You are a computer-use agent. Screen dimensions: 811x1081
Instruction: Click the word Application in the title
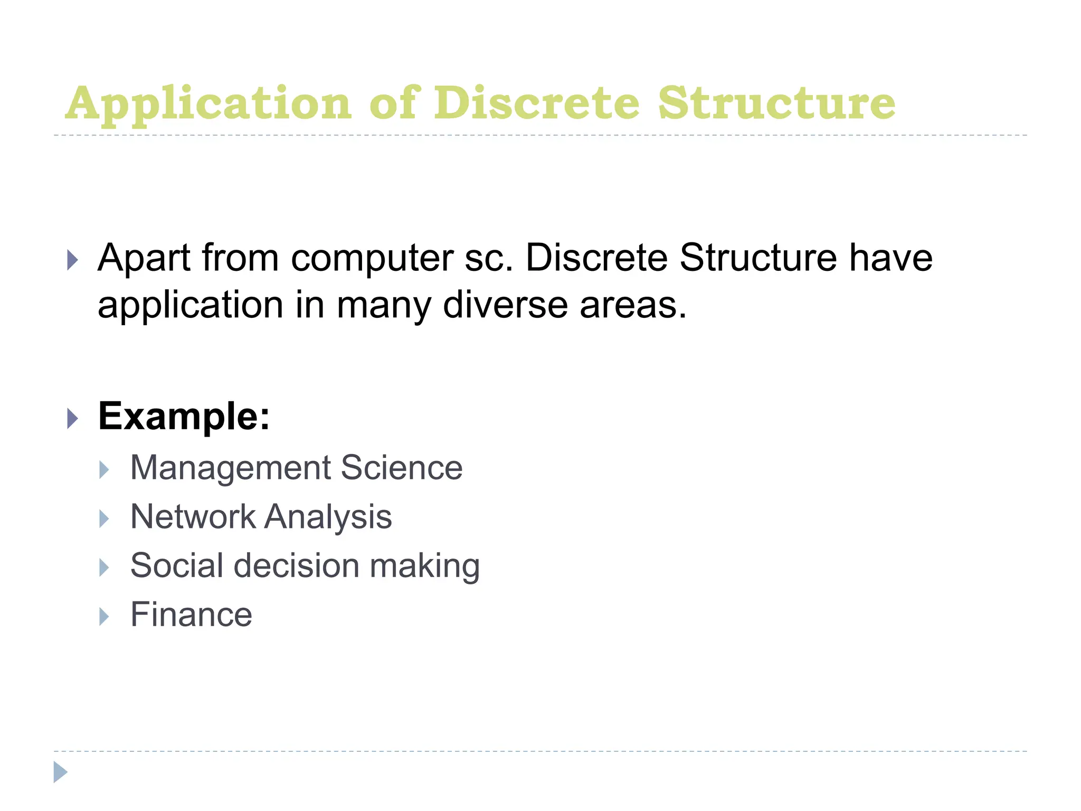pyautogui.click(x=208, y=104)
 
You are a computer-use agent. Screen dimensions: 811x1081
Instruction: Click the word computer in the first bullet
pyautogui.click(x=372, y=259)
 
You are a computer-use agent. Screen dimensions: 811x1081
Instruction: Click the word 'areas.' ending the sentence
pyautogui.click(x=633, y=306)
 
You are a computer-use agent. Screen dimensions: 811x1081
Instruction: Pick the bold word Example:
pyautogui.click(x=184, y=417)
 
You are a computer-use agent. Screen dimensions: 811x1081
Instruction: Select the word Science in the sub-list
pyautogui.click(x=402, y=468)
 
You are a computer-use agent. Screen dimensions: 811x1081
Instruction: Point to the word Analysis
pyautogui.click(x=328, y=517)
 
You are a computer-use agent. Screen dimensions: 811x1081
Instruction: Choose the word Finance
pyautogui.click(x=191, y=615)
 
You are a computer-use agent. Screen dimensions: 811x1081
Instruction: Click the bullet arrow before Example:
pyautogui.click(x=73, y=419)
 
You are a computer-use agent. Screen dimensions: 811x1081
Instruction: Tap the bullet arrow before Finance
pyautogui.click(x=104, y=616)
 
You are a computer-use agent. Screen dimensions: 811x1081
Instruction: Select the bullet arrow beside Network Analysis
pyautogui.click(x=104, y=518)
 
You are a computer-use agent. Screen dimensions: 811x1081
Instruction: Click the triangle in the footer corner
pyautogui.click(x=60, y=772)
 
